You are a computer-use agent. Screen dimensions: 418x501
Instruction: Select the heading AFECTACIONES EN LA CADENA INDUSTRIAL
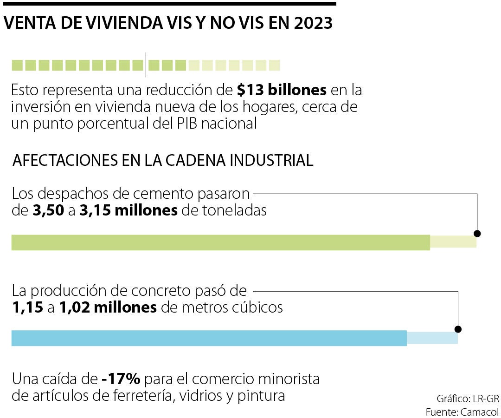pyautogui.click(x=163, y=161)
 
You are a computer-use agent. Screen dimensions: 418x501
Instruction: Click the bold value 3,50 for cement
pyautogui.click(x=49, y=210)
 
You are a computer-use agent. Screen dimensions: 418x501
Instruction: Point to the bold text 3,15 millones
pyautogui.click(x=129, y=210)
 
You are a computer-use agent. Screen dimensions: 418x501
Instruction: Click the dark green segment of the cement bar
pyautogui.click(x=220, y=243)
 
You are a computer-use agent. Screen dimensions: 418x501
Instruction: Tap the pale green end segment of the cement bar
pyautogui.click(x=453, y=242)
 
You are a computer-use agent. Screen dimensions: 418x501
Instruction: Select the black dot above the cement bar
pyautogui.click(x=477, y=234)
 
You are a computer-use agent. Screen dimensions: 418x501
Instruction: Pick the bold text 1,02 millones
pyautogui.click(x=108, y=307)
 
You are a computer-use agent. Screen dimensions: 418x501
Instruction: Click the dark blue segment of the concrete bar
pyautogui.click(x=209, y=338)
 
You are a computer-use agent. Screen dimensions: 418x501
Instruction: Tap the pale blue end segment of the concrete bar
pyautogui.click(x=432, y=338)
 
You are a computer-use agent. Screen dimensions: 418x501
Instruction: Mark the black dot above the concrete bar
pyautogui.click(x=458, y=329)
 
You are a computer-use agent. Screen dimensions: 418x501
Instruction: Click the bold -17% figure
pyautogui.click(x=121, y=379)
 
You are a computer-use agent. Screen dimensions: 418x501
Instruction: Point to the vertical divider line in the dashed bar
pyautogui.click(x=146, y=65)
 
